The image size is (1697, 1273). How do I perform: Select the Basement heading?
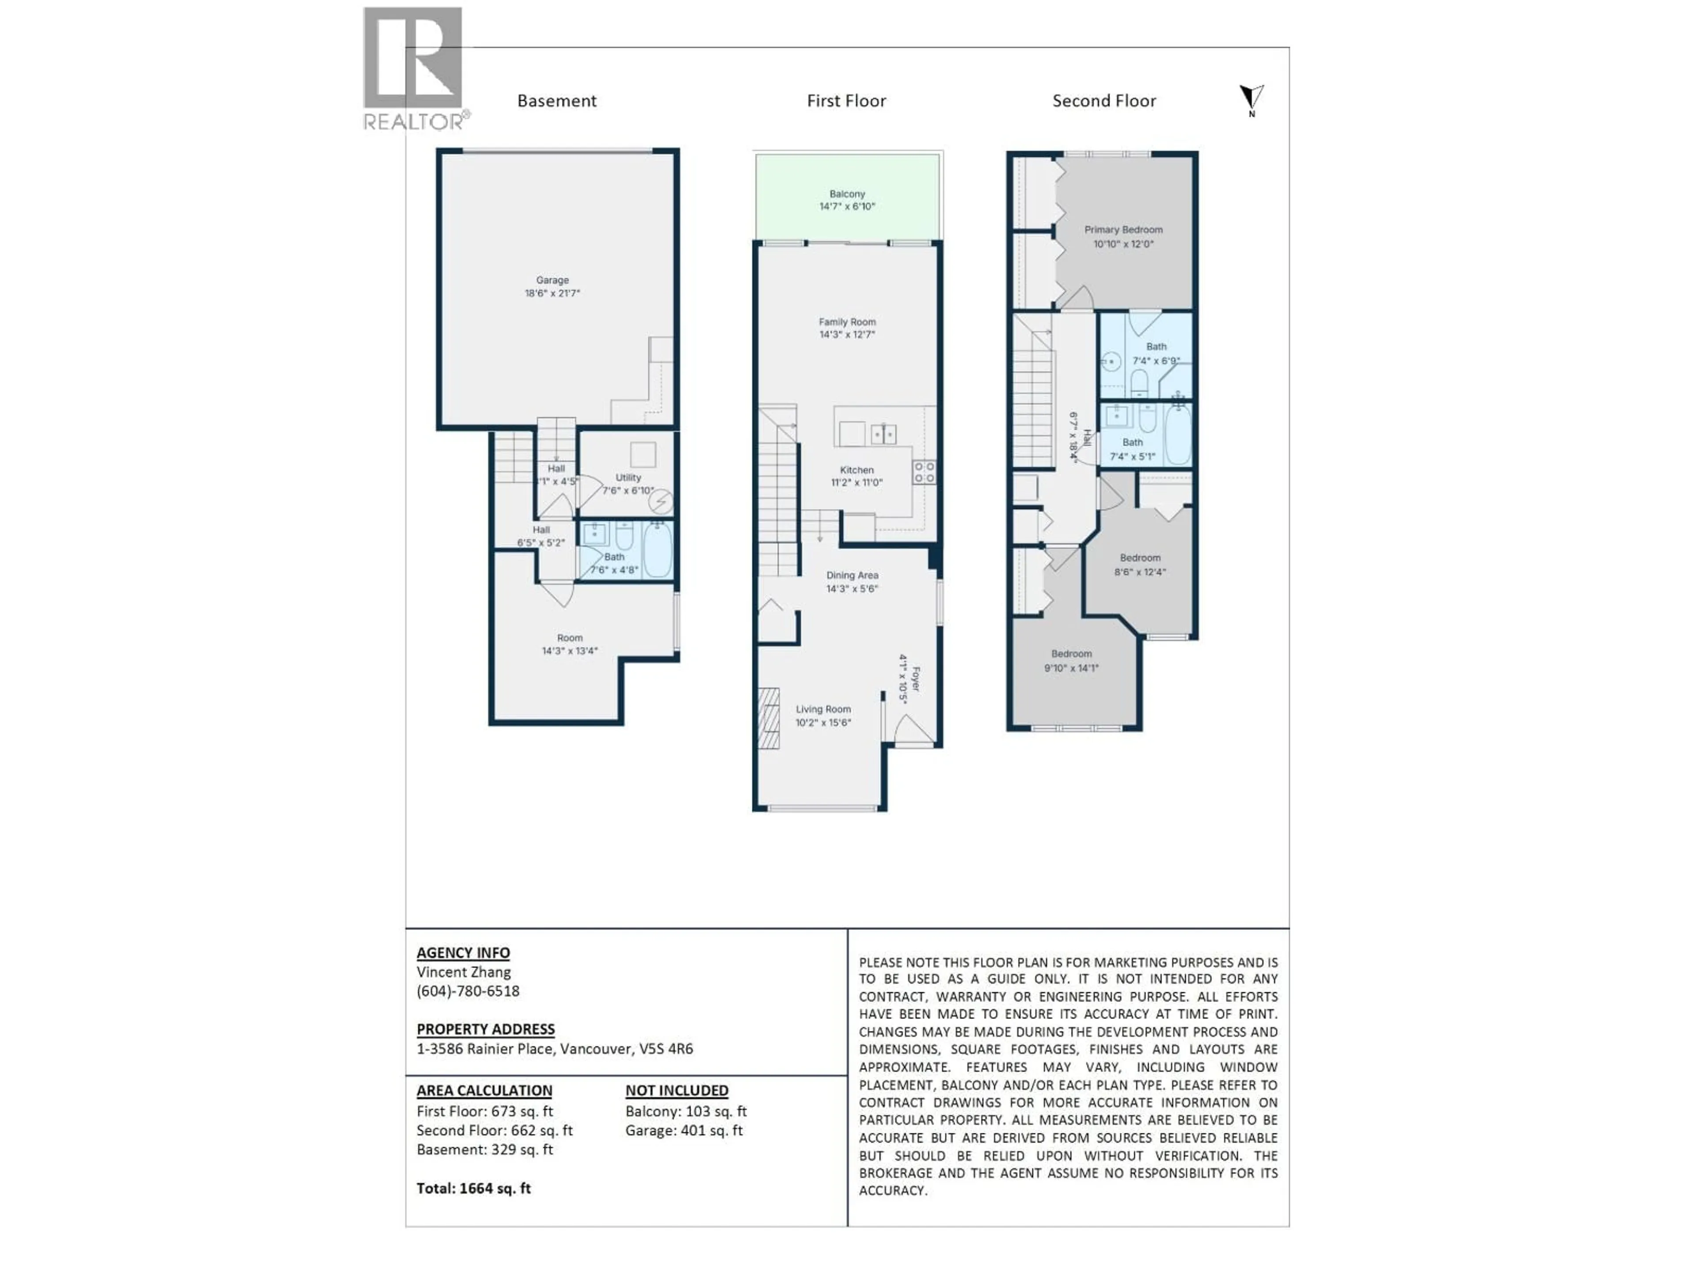tap(556, 100)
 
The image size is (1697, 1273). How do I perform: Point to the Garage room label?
tap(552, 280)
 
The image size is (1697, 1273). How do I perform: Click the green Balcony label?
tap(847, 194)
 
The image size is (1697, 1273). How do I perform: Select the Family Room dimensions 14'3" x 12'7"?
tap(847, 335)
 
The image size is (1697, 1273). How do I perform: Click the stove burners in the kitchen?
tap(924, 472)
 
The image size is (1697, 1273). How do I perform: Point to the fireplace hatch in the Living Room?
tap(768, 717)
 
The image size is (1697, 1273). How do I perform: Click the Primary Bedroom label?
tap(1123, 229)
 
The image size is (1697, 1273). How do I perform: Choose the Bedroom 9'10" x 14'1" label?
tap(1071, 661)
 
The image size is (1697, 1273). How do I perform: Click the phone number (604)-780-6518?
tap(468, 991)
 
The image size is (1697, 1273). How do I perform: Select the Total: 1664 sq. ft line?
tap(473, 1188)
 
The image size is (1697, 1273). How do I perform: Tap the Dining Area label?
tap(852, 575)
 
